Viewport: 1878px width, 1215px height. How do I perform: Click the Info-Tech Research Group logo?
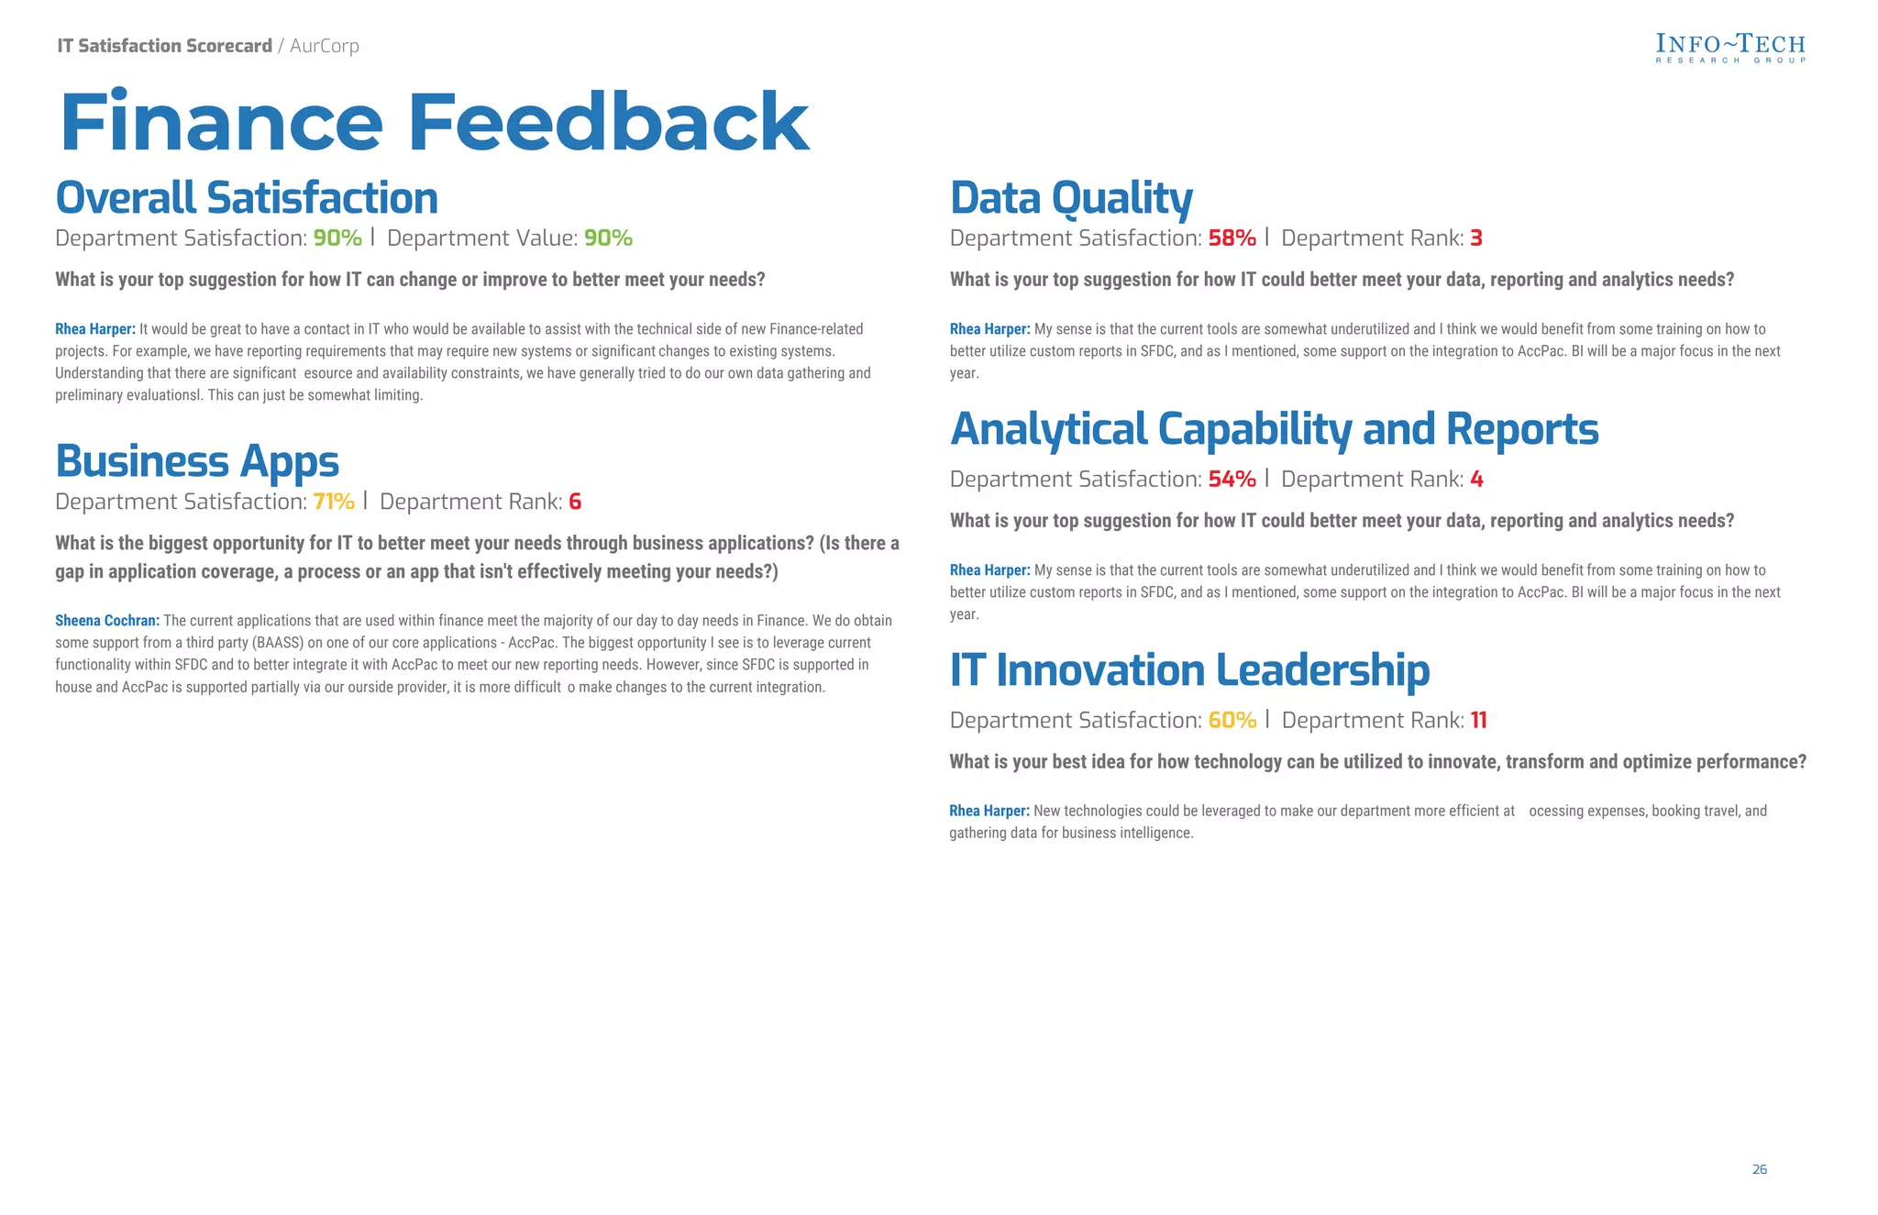click(x=1729, y=48)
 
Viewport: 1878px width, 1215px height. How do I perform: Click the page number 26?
click(x=1759, y=1169)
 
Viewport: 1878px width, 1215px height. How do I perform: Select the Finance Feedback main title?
click(x=434, y=122)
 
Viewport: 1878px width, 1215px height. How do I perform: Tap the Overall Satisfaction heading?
click(x=247, y=198)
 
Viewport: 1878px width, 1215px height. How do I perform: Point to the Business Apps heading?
click(x=197, y=461)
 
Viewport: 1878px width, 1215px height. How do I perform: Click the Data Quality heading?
click(x=1071, y=198)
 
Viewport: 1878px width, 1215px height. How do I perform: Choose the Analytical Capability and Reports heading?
click(x=1274, y=429)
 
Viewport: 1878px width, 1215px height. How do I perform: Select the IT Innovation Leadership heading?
click(x=1189, y=670)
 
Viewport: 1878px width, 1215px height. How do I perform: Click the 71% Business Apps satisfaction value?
click(x=334, y=502)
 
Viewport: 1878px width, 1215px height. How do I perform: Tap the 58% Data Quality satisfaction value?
click(x=1232, y=238)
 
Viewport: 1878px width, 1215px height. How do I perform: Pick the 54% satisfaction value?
click(x=1232, y=480)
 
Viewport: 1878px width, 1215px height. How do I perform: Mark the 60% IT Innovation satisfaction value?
click(x=1232, y=721)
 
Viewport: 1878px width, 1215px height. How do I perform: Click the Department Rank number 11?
click(x=1478, y=721)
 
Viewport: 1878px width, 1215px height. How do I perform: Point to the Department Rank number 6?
click(x=575, y=502)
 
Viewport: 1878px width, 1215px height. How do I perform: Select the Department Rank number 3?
click(x=1476, y=238)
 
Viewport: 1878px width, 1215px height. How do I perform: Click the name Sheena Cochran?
click(x=106, y=621)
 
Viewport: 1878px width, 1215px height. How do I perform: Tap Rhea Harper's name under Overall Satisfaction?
click(x=94, y=329)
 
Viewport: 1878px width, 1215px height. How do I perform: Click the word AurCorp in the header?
click(x=325, y=46)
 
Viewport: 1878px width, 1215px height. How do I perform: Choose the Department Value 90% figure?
click(x=608, y=238)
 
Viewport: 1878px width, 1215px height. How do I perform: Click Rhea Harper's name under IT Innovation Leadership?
click(x=989, y=811)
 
